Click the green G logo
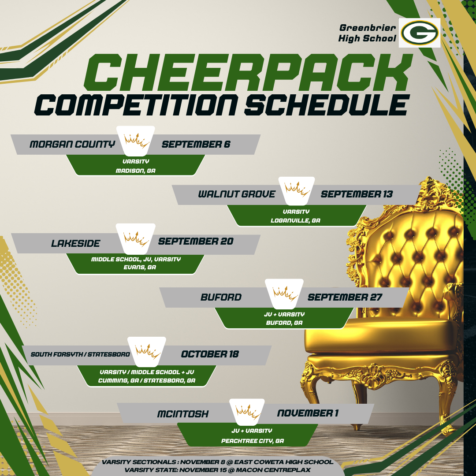tap(420, 33)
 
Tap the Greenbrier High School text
tap(367, 33)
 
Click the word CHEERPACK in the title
tap(248, 73)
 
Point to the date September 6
tap(196, 144)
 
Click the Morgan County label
tap(73, 144)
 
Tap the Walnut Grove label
tap(237, 194)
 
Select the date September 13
tap(357, 194)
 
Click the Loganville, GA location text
tap(295, 221)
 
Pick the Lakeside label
tap(76, 243)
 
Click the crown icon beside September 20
tap(136, 238)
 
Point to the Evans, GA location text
tap(140, 268)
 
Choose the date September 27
tap(345, 297)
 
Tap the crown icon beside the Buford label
tap(284, 294)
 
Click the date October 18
tap(210, 354)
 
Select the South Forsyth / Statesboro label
tap(80, 354)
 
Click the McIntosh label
tap(183, 414)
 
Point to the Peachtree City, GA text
tap(253, 441)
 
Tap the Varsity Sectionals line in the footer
tap(217, 462)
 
